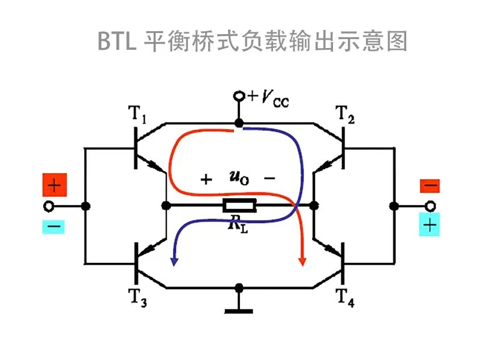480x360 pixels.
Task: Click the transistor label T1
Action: tap(137, 114)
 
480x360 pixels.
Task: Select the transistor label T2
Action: tap(345, 114)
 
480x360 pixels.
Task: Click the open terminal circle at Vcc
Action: tap(239, 96)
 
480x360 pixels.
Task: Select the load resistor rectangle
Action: tap(239, 205)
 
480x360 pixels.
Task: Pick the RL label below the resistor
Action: tap(238, 224)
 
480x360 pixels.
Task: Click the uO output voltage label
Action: tap(239, 178)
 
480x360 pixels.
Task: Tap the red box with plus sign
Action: tap(55, 185)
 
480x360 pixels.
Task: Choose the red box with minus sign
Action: tap(430, 186)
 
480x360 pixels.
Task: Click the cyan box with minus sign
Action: tap(53, 227)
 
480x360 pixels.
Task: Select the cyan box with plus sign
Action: tap(430, 224)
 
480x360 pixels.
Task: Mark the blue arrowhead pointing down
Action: tap(174, 262)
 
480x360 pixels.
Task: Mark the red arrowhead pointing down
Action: tap(302, 262)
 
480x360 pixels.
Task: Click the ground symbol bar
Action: tap(239, 311)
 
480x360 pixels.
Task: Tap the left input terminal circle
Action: tap(49, 206)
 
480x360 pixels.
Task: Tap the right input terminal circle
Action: tap(430, 206)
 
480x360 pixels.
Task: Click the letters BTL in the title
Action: tap(116, 41)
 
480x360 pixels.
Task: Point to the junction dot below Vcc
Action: tap(239, 123)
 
